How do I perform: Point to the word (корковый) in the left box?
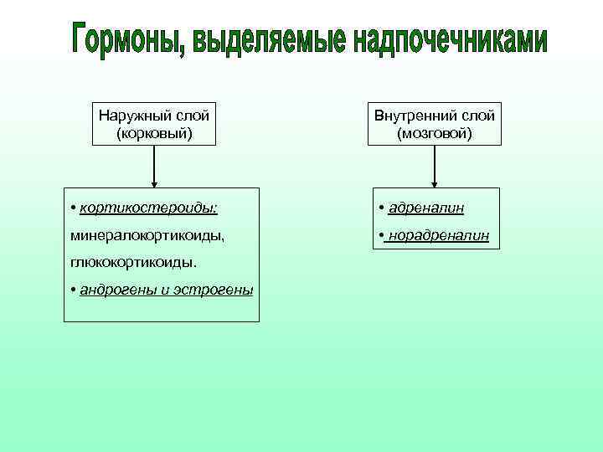[155, 132]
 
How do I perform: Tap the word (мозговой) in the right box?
[435, 132]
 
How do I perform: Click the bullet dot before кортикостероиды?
[75, 207]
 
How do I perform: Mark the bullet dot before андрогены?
[75, 290]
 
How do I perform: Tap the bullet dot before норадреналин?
[381, 236]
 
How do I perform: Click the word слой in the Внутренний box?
[477, 116]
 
